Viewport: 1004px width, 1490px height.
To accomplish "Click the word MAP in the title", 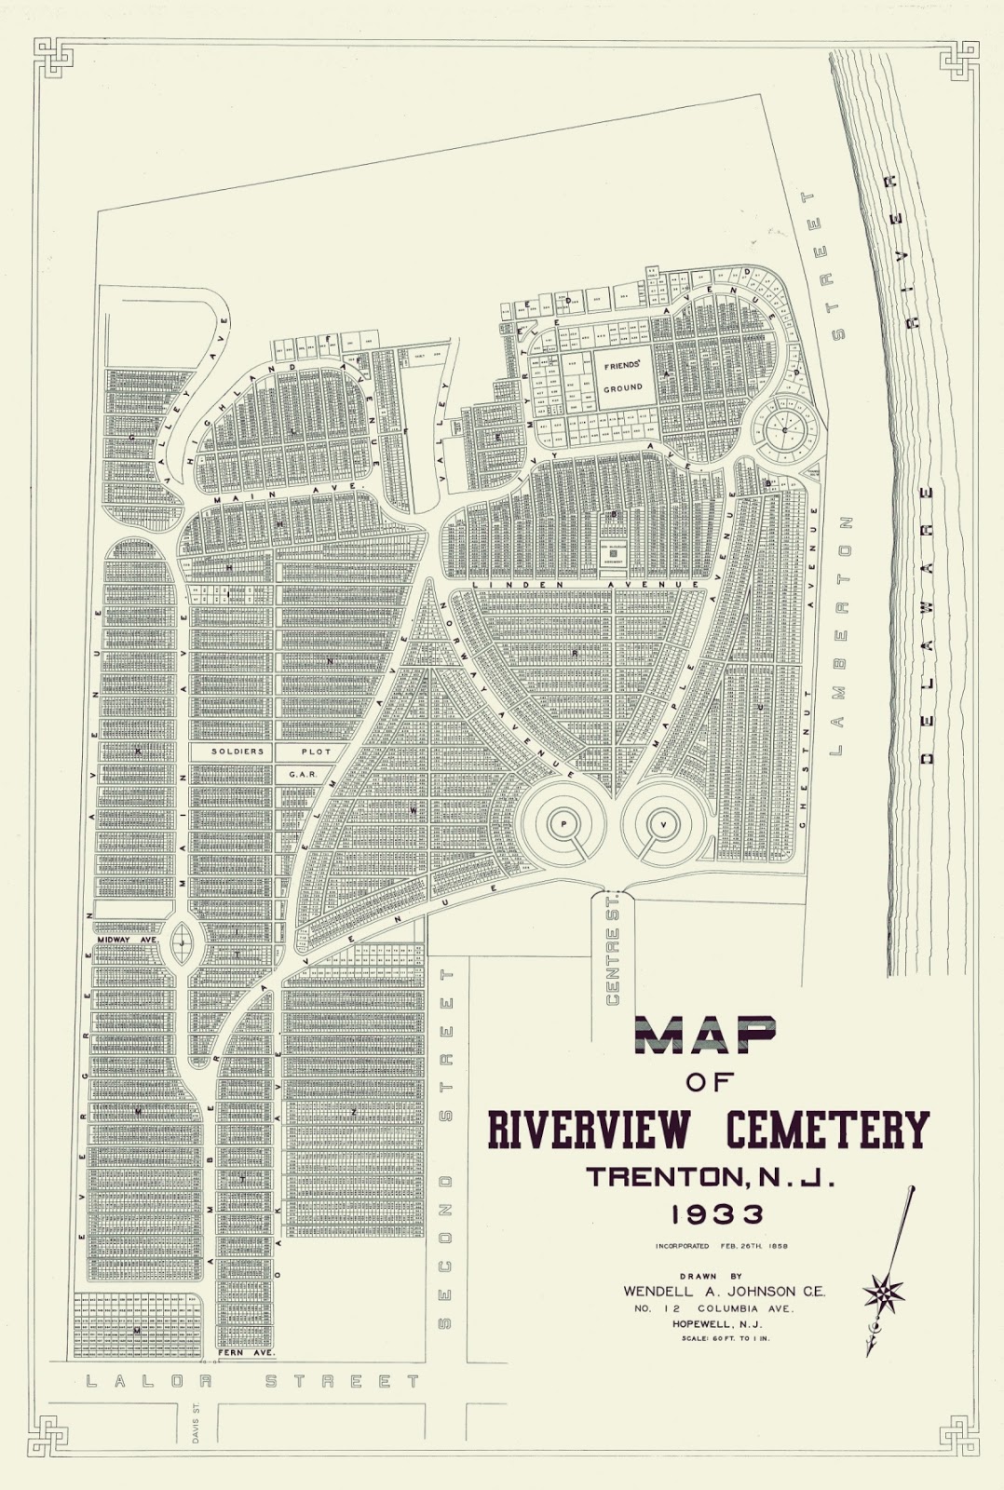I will [x=707, y=1034].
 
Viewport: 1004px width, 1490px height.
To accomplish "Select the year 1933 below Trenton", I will [x=709, y=1213].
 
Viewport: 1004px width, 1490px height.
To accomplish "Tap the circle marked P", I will [x=563, y=824].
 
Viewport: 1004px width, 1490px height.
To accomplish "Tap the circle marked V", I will [x=663, y=824].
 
